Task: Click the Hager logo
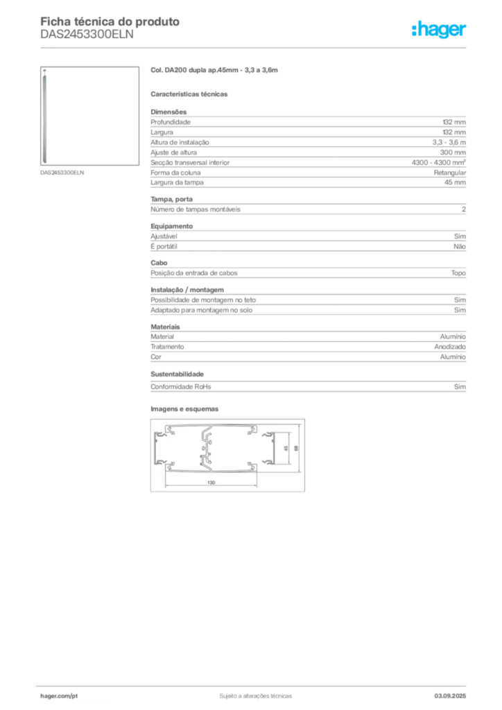(x=438, y=30)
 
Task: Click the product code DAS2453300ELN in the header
(x=87, y=35)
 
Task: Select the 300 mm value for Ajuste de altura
(x=453, y=153)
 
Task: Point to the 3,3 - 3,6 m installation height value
(x=449, y=142)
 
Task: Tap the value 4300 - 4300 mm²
(x=439, y=162)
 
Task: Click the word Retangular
(x=449, y=173)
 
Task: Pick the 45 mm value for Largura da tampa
(x=455, y=182)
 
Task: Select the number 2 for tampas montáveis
(x=464, y=209)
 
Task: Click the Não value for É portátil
(x=460, y=246)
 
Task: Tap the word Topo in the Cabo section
(x=458, y=273)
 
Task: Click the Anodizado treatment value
(x=450, y=347)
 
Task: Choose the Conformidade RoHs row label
(x=180, y=387)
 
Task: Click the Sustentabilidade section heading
(x=177, y=374)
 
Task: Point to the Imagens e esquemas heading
(x=184, y=409)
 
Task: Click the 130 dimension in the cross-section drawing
(x=211, y=483)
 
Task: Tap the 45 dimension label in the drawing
(x=286, y=449)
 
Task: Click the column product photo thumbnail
(x=89, y=116)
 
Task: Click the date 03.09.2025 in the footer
(x=450, y=696)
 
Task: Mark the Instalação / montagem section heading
(x=187, y=290)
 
